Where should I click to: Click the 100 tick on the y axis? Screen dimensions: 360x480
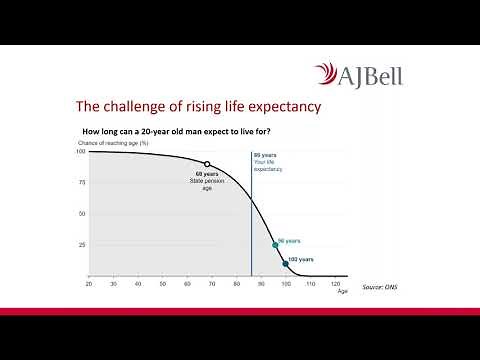coord(81,151)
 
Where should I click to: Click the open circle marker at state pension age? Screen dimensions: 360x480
coord(207,164)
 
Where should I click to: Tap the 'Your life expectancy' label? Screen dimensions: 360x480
coord(269,164)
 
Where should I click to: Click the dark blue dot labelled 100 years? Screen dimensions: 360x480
coord(285,264)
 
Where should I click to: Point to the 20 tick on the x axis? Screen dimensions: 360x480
coord(89,284)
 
